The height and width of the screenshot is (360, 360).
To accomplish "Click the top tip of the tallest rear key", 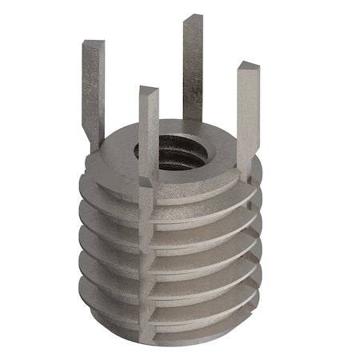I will point(192,19).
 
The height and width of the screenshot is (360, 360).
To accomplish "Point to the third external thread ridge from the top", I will point(104,232).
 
